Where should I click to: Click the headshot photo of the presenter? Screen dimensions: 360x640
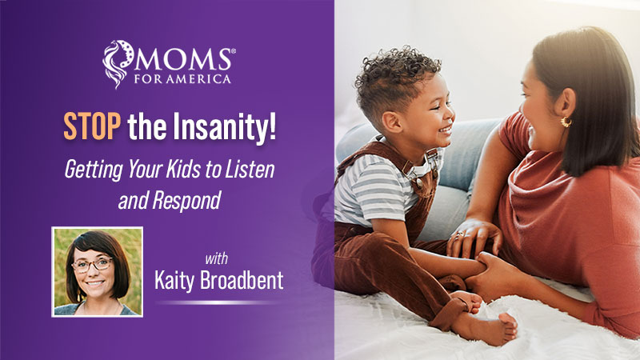click(x=97, y=270)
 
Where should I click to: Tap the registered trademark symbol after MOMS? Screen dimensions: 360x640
click(x=233, y=50)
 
